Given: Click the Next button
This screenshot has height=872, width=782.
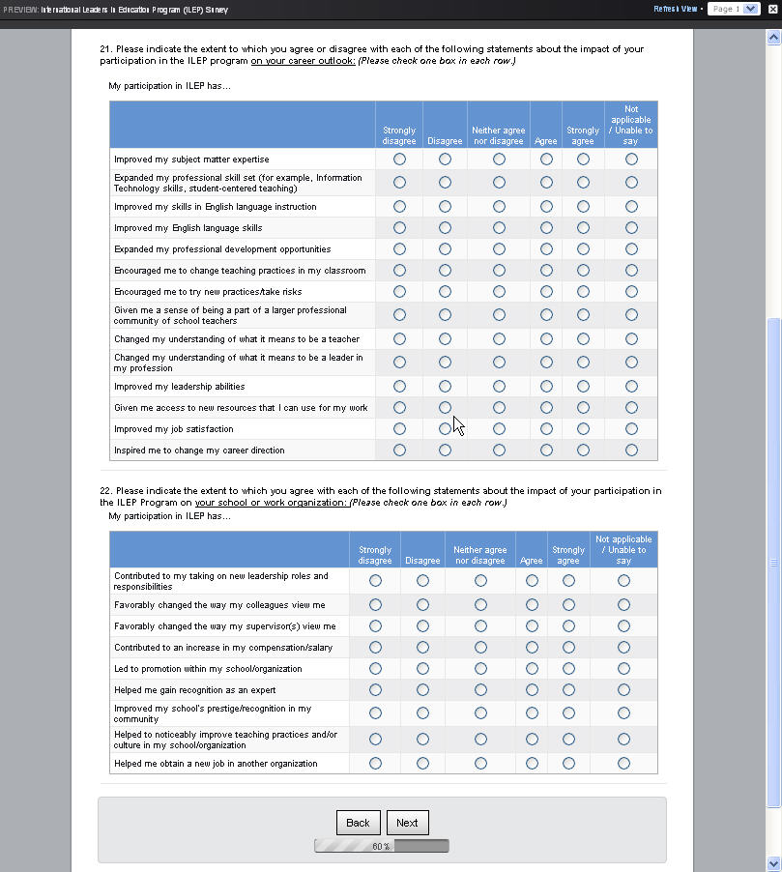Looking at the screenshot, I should tap(407, 823).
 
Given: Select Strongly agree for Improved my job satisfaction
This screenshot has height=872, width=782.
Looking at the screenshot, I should tap(583, 429).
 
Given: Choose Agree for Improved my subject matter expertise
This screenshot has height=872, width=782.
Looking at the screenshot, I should tap(546, 159).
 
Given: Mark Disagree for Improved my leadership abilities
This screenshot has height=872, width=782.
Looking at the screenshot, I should tap(445, 387).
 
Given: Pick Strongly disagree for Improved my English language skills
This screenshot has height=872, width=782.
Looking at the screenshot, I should tap(399, 228).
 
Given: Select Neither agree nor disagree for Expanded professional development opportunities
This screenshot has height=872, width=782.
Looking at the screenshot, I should tap(499, 249).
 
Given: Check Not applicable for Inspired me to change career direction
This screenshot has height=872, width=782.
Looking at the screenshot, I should tap(631, 451).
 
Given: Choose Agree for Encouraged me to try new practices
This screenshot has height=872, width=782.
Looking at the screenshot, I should tap(546, 292).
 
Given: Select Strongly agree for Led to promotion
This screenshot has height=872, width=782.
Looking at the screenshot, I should tap(568, 669).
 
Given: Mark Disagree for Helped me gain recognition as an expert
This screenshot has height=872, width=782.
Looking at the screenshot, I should tap(422, 690).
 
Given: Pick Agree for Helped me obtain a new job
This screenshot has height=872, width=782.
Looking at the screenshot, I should tap(532, 764).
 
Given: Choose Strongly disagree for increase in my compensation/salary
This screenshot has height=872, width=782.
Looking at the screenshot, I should tap(375, 648).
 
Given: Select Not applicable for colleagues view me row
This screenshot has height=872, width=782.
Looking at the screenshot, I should tap(623, 605).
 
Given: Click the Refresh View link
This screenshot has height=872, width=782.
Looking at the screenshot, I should tap(675, 9).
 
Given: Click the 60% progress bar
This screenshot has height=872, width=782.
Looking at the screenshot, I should tap(382, 847).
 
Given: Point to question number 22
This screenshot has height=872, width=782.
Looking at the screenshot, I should tap(106, 491).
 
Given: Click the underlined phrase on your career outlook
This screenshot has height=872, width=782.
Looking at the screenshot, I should tap(303, 61).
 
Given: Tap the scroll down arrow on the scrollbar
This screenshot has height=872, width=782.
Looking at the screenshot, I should tap(772, 862).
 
